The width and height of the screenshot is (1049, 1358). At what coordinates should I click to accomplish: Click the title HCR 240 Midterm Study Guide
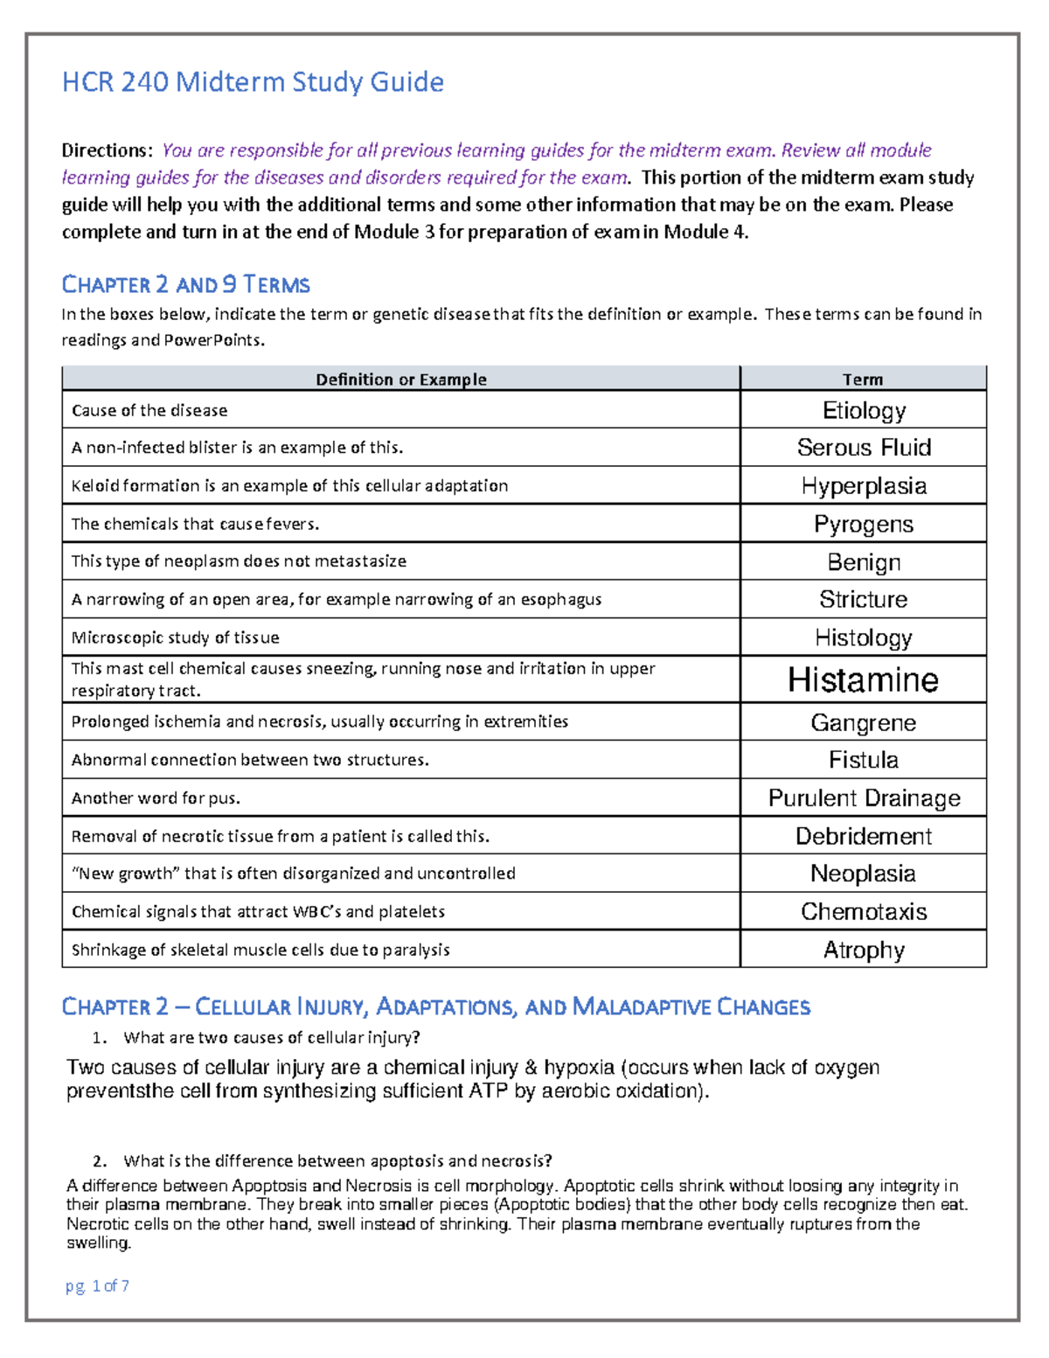253,82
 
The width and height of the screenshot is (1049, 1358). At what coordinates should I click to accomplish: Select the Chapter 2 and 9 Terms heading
185,284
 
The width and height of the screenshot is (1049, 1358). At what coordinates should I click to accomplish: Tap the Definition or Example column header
400,380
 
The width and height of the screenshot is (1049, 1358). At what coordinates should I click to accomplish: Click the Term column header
862,380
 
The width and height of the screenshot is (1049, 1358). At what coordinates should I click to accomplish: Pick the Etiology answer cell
863,410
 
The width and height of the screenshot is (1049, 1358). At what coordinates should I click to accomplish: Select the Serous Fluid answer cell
863,448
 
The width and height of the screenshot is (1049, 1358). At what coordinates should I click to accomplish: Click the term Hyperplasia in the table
863,486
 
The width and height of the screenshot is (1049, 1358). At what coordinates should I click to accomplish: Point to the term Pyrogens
863,524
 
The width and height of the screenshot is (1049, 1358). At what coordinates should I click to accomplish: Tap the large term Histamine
863,680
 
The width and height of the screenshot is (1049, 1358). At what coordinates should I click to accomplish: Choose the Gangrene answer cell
863,722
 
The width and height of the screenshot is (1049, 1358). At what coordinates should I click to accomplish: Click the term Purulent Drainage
863,798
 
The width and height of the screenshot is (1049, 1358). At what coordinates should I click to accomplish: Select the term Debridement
863,836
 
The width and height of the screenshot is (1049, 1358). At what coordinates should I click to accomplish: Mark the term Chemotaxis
863,911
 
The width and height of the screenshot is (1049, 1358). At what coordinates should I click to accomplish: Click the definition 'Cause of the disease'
149,410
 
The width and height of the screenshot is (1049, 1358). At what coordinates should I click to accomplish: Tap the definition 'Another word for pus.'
156,798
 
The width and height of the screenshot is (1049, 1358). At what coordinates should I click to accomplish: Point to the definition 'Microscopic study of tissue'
175,637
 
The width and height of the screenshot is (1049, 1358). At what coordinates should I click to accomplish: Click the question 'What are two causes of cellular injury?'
272,1038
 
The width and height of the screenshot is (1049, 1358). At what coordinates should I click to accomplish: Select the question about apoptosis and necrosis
337,1161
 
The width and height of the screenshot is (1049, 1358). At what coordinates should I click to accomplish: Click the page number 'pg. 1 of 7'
97,1285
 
